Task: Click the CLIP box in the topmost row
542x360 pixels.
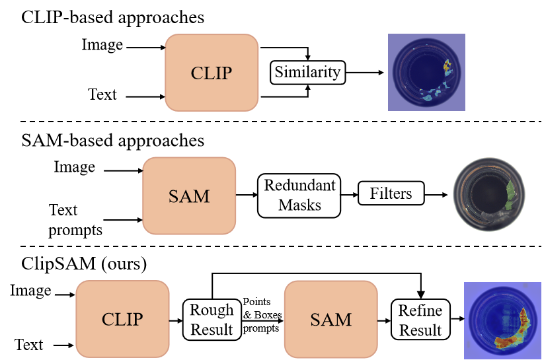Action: click(x=212, y=73)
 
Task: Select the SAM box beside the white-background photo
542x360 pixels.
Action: click(x=189, y=196)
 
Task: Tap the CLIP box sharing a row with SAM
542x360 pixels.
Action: click(x=122, y=319)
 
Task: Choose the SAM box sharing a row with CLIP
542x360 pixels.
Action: click(x=330, y=319)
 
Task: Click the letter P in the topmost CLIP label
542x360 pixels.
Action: click(x=227, y=73)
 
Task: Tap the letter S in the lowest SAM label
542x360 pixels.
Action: click(x=315, y=320)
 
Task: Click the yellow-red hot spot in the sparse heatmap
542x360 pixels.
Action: click(x=447, y=67)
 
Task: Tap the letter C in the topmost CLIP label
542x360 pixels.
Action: click(x=197, y=73)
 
